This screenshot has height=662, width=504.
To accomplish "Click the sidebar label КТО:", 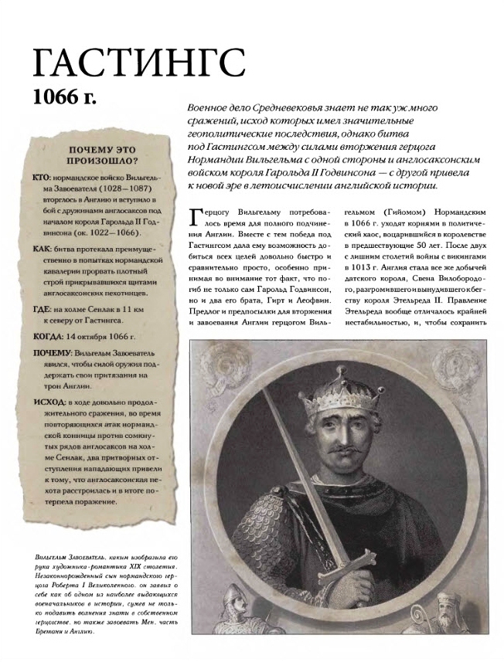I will [x=43, y=178].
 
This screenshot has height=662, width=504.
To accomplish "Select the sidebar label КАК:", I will [x=43, y=250].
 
